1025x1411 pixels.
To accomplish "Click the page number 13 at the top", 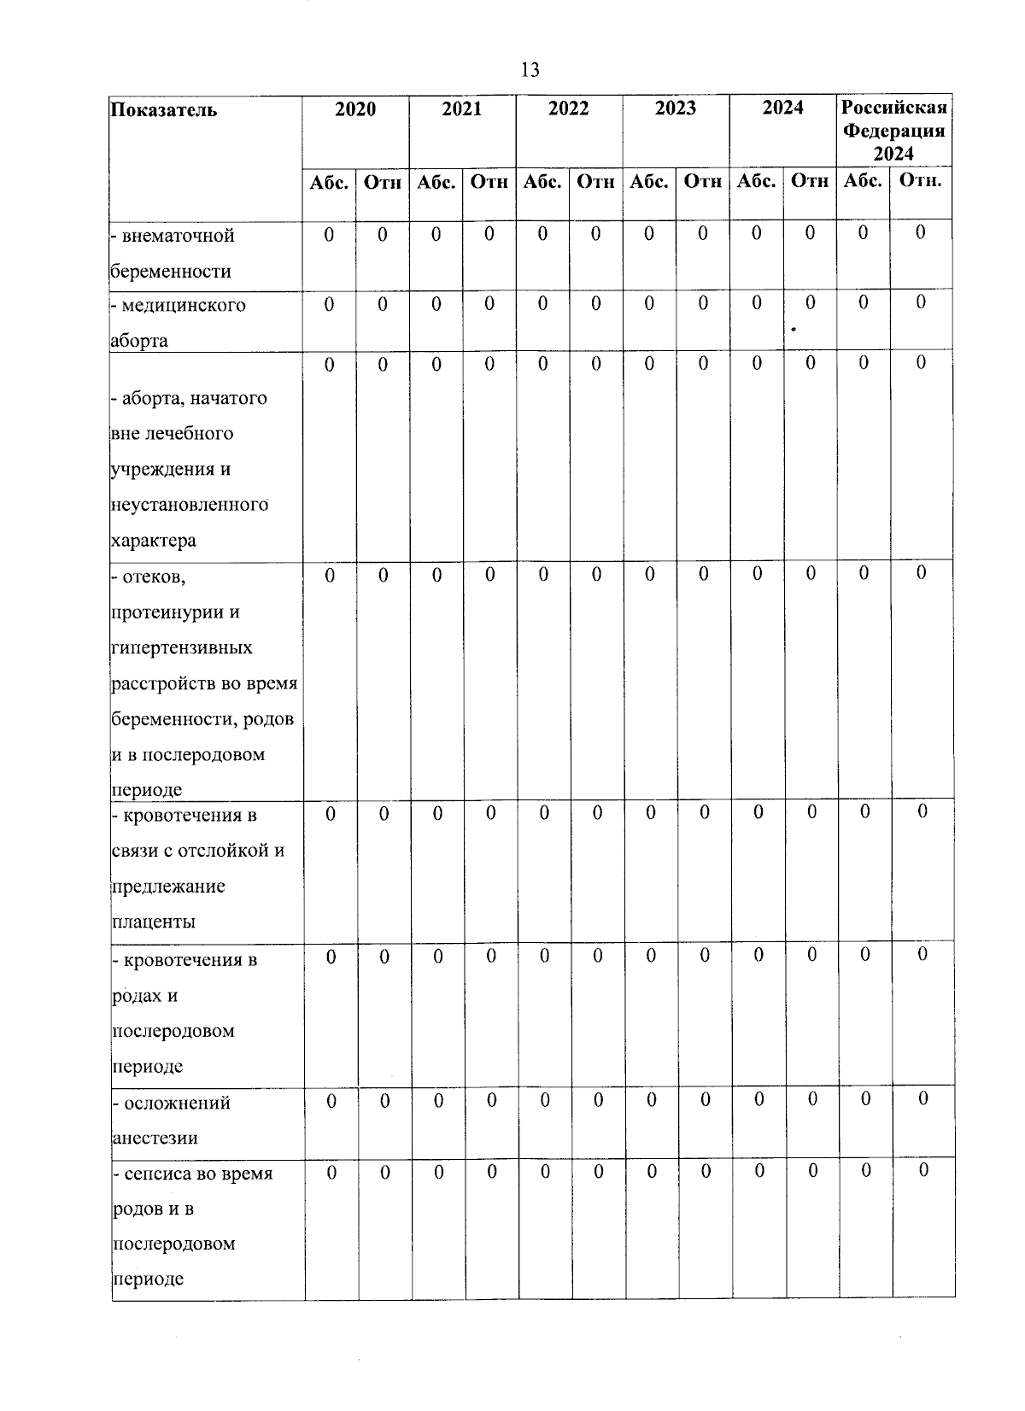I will pyautogui.click(x=530, y=70).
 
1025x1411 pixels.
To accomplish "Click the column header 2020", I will pyautogui.click(x=355, y=108).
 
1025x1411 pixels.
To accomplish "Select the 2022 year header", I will pyautogui.click(x=569, y=108).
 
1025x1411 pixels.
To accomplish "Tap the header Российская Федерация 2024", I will pyautogui.click(x=894, y=131).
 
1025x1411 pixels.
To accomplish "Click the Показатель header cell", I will pyautogui.click(x=164, y=110).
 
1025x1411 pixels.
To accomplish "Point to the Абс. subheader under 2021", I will pyautogui.click(x=436, y=182).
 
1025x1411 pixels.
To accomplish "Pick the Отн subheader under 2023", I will pyautogui.click(x=703, y=182).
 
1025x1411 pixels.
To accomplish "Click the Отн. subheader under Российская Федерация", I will pyautogui.click(x=920, y=182).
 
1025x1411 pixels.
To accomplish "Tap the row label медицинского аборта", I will pyautogui.click(x=179, y=322).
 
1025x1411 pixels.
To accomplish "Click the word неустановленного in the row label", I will pyautogui.click(x=190, y=505).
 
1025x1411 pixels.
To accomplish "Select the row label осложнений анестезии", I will pyautogui.click(x=172, y=1120).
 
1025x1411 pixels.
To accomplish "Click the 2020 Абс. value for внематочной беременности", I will pyautogui.click(x=330, y=233).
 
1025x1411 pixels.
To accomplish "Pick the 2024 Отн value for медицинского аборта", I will pyautogui.click(x=810, y=302).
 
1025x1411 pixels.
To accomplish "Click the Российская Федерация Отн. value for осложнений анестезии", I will pyautogui.click(x=922, y=1099).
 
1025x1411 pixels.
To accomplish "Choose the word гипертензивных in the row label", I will pyautogui.click(x=182, y=648).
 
